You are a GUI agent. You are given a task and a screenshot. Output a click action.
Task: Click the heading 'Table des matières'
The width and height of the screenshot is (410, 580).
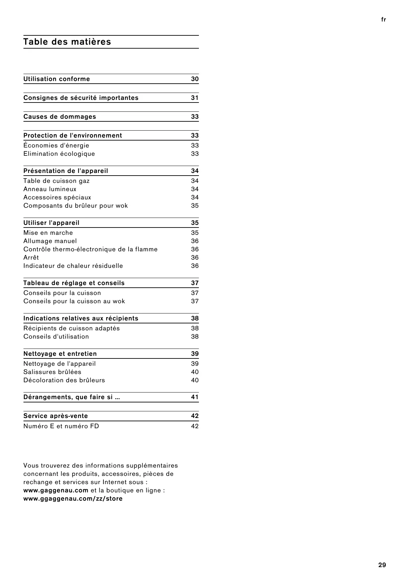[x=67, y=42]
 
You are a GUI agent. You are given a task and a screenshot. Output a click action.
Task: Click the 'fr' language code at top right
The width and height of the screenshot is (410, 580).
[x=383, y=20]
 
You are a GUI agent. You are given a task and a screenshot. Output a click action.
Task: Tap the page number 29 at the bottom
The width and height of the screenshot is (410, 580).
[x=382, y=565]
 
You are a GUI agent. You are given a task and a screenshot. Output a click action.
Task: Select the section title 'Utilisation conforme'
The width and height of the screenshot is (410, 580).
[x=56, y=79]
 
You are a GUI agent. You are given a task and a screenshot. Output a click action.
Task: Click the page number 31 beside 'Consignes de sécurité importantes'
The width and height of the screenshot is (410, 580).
[x=195, y=98]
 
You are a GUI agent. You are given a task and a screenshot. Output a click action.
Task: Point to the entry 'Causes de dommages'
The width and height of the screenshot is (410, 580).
[x=59, y=117]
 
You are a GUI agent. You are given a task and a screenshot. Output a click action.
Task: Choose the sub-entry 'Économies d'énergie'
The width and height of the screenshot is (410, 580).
[x=56, y=145]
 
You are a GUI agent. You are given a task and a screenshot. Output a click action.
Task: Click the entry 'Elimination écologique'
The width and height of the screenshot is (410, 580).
[x=59, y=154]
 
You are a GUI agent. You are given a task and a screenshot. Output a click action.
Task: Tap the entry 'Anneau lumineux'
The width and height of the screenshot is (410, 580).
[x=50, y=189]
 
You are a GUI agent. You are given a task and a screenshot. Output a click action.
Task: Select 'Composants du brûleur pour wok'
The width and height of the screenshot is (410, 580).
[x=75, y=206]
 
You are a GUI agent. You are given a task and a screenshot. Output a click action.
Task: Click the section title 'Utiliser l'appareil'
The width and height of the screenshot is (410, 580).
[x=51, y=223]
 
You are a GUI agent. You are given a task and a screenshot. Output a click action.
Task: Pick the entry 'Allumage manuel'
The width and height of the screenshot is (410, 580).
[x=50, y=241]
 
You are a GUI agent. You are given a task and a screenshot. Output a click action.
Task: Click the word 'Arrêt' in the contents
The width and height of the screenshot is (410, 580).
[x=31, y=258]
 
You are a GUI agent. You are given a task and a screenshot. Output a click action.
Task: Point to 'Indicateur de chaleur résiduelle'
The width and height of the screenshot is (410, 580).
[x=73, y=266]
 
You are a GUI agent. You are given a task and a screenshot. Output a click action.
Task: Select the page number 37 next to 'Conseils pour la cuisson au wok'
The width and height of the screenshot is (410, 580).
[x=195, y=301]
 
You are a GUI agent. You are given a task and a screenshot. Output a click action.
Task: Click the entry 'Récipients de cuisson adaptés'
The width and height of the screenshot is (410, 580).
[x=71, y=328]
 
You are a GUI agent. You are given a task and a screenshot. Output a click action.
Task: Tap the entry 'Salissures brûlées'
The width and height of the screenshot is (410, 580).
[x=52, y=372]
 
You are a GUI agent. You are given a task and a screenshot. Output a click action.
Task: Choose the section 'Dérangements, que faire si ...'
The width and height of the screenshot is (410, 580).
[x=71, y=397]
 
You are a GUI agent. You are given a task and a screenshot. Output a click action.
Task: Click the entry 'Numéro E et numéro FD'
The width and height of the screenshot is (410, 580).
[x=61, y=426]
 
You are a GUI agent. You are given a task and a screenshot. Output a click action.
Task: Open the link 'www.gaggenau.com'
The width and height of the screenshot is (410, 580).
[x=56, y=490]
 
